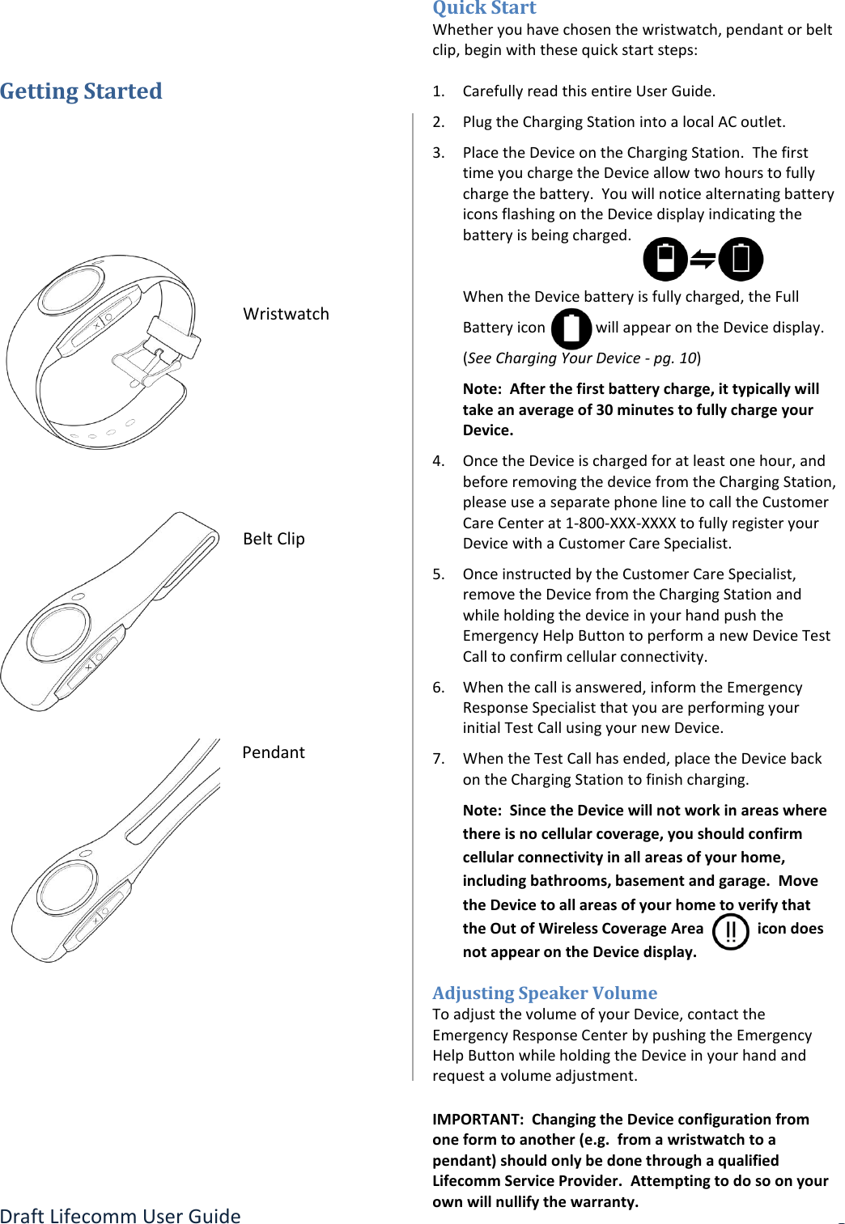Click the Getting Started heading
81,91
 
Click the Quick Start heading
484,8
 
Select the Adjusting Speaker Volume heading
544,993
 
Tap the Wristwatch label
286,314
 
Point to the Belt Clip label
274,539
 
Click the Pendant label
274,752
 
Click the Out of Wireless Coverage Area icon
730,931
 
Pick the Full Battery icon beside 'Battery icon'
571,328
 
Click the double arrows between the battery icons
703,260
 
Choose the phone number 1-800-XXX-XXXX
620,523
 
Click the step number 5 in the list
438,574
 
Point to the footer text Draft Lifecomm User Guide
121,1216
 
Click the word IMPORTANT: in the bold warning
478,1119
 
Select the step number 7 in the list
438,759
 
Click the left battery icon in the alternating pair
665,259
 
